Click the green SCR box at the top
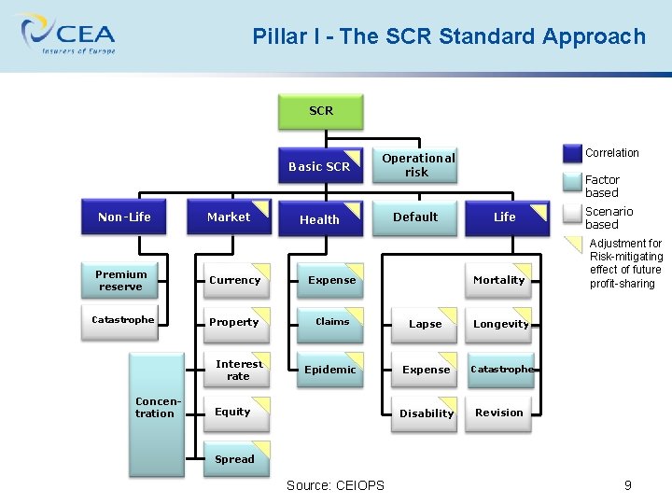pos(320,111)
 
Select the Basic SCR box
pos(320,166)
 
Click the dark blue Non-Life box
pos(124,217)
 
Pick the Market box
pos(229,217)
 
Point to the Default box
pos(415,217)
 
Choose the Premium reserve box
pos(121,280)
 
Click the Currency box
pos(235,280)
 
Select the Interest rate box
pos(238,371)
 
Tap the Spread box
pos(235,458)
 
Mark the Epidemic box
pos(330,370)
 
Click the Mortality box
pos(498,280)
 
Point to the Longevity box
pos(500,325)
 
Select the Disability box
pos(427,413)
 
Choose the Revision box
pos(499,413)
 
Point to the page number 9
pos(628,485)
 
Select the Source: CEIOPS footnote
pos(335,485)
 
